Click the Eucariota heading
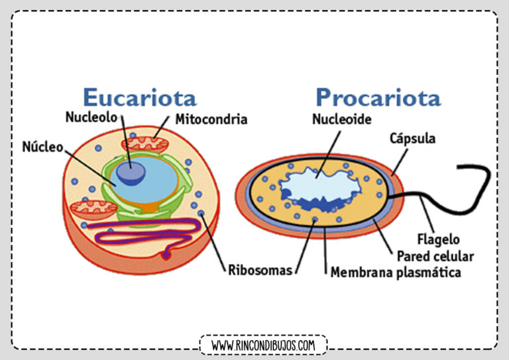point(140,97)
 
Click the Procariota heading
point(378,98)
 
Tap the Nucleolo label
point(91,117)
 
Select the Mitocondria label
point(211,119)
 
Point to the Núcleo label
point(42,147)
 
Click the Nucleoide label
point(342,119)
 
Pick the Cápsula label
point(412,139)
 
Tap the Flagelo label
point(438,239)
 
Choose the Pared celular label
point(435,257)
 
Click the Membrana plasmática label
point(396,272)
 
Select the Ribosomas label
point(260,270)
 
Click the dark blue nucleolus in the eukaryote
point(131,173)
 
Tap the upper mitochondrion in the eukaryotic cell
point(144,145)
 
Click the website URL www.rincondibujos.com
point(263,345)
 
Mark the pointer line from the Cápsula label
point(400,162)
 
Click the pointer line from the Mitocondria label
point(161,127)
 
